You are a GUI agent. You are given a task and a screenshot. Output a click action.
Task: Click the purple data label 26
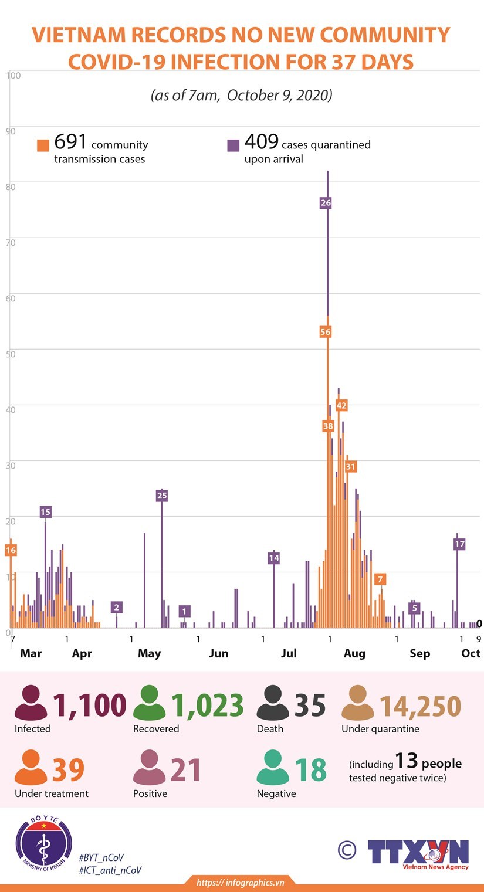(326, 203)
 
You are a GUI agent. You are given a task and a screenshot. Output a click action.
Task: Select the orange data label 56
(326, 332)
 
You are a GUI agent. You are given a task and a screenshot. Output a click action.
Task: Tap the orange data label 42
(341, 405)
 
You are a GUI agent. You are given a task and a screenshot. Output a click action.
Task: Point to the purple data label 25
(162, 496)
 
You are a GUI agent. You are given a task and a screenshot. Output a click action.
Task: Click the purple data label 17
(459, 544)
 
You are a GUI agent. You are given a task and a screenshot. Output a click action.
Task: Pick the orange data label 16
(11, 550)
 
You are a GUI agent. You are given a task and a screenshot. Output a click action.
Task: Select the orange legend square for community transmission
(43, 145)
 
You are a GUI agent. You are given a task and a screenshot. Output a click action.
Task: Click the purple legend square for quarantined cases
(233, 145)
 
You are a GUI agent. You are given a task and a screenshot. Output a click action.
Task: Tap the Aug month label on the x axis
(354, 653)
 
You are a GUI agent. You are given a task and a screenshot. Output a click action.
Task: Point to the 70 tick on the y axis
(11, 242)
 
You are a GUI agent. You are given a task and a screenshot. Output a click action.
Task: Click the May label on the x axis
(149, 653)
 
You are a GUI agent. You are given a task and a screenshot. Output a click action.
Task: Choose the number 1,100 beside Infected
(90, 705)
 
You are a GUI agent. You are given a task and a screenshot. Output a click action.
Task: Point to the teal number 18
(311, 770)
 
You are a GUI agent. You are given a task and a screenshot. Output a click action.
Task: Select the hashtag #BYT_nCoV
(101, 857)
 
